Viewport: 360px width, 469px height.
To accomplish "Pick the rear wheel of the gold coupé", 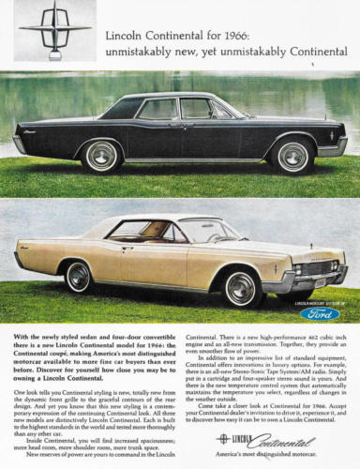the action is coord(79,276).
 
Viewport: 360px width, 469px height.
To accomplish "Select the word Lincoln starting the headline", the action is coord(122,33).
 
